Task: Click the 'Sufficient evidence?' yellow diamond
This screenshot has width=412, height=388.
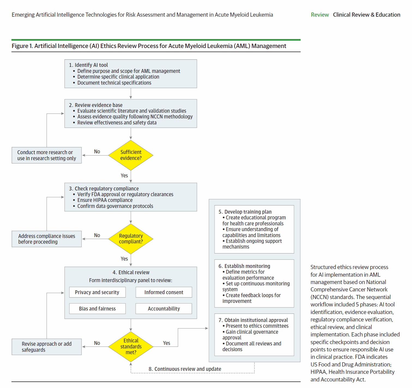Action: [131, 155]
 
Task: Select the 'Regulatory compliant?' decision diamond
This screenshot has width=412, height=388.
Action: [131, 239]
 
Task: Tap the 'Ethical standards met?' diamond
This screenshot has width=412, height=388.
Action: [131, 347]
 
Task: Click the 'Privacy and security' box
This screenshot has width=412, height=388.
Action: [97, 292]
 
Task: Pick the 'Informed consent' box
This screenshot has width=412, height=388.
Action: [164, 292]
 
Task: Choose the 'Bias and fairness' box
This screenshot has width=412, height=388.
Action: [97, 309]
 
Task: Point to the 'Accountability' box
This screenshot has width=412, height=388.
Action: [164, 309]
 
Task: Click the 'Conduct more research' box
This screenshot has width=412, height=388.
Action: [47, 155]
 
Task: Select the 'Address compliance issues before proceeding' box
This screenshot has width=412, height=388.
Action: [47, 239]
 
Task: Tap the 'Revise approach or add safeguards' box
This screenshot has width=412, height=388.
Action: [47, 347]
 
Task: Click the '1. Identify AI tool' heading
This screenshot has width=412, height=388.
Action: [89, 65]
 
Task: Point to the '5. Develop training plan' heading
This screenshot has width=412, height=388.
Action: [245, 212]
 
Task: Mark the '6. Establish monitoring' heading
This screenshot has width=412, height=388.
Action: [244, 266]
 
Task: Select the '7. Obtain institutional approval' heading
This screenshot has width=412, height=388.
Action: [253, 320]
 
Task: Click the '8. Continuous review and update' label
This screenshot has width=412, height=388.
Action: [185, 369]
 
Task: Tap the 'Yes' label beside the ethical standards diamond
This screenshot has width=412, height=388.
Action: [166, 343]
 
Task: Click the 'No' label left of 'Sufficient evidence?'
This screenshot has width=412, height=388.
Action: [97, 151]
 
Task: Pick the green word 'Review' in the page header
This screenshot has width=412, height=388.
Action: [320, 15]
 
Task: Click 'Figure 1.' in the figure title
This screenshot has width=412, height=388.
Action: [22, 46]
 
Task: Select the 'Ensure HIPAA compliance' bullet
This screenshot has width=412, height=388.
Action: [105, 200]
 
